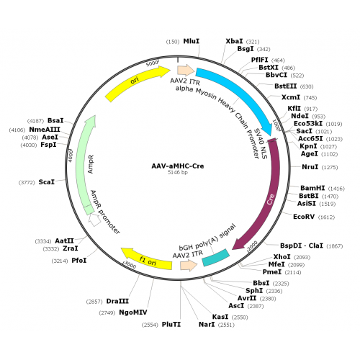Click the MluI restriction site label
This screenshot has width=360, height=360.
(192, 41)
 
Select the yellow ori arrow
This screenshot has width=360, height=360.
(135, 81)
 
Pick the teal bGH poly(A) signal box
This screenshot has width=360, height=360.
(216, 258)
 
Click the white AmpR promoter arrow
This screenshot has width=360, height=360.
(94, 220)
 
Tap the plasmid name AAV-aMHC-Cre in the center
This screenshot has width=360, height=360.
(178, 166)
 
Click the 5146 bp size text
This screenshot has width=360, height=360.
(178, 172)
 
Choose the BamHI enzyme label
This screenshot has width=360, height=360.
(312, 188)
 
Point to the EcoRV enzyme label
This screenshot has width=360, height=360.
(304, 217)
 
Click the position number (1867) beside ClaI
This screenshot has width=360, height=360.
(335, 246)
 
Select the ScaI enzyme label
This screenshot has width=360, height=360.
(47, 182)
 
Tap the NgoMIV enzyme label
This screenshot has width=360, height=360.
(133, 312)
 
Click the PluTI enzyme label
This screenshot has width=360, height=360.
(171, 325)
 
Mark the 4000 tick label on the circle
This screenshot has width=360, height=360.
(70, 156)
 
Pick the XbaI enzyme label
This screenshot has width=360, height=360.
(234, 41)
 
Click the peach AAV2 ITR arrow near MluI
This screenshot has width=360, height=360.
(186, 71)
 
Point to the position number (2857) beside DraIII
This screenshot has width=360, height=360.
(94, 302)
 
